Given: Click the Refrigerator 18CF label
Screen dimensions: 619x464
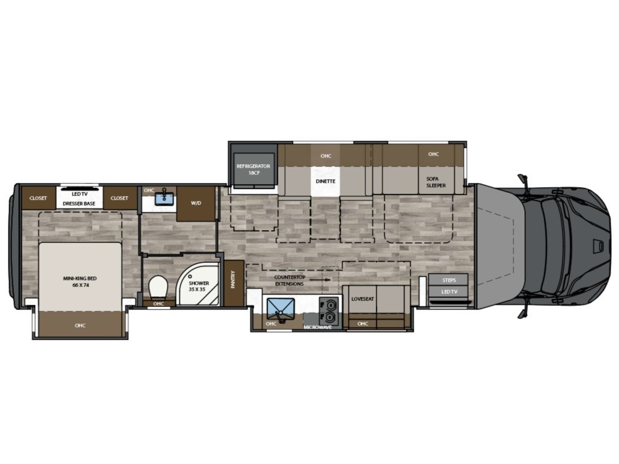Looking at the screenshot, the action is click(x=253, y=169).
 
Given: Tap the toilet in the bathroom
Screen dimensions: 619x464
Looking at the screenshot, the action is click(x=159, y=287).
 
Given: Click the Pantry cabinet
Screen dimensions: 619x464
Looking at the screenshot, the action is click(x=234, y=283).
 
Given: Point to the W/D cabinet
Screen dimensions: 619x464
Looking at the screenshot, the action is click(x=196, y=204).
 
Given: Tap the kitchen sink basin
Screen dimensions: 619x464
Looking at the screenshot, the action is click(x=280, y=310).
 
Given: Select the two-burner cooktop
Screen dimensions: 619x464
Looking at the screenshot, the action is click(x=329, y=311).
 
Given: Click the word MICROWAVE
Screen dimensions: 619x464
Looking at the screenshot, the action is click(x=318, y=327).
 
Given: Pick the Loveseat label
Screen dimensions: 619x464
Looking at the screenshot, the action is click(x=363, y=298).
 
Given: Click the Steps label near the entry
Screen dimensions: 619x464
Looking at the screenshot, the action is click(x=449, y=280).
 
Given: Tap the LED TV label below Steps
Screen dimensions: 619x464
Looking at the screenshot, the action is click(x=449, y=292).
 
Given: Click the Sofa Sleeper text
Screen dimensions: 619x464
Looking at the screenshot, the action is click(x=435, y=182).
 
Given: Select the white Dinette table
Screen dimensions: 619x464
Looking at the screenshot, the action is click(x=325, y=181).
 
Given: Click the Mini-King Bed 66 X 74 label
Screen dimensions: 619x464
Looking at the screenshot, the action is click(x=80, y=282).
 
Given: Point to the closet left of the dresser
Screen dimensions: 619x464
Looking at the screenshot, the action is click(x=38, y=198).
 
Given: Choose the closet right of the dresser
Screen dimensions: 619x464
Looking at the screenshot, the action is click(x=120, y=198).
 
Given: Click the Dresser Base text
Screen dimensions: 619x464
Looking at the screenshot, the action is click(x=79, y=204).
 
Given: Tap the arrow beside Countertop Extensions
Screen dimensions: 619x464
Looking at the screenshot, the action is click(x=320, y=280).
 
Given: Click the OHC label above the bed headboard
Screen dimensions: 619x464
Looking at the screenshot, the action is click(x=80, y=326).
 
